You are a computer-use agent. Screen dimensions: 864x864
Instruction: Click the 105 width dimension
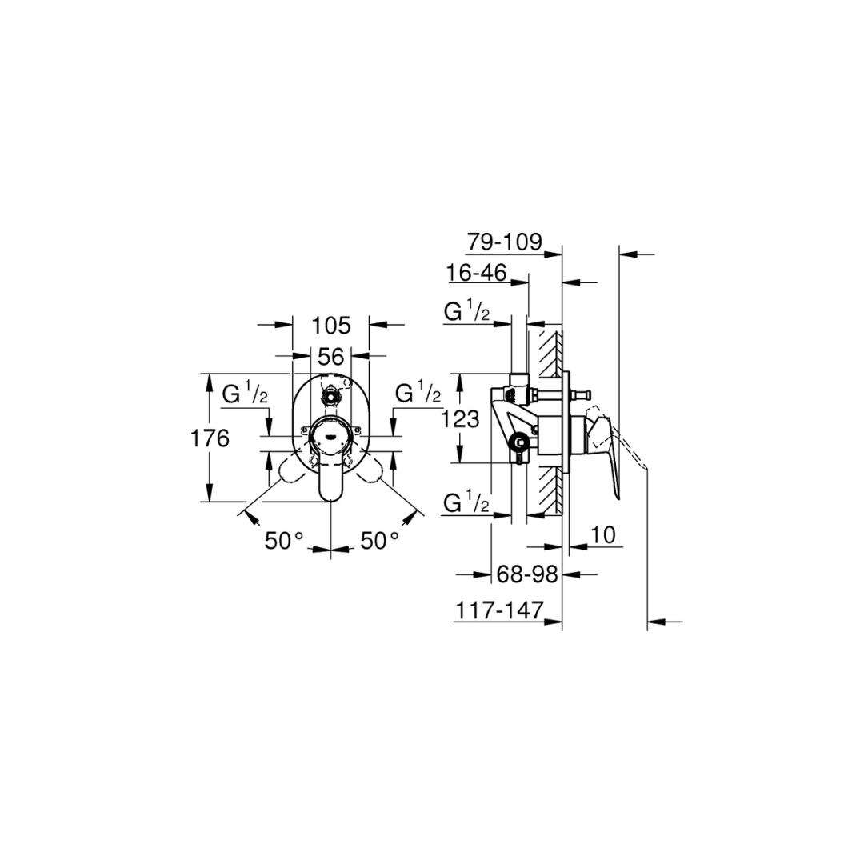[331, 326]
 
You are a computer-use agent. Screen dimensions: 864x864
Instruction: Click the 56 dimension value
[331, 357]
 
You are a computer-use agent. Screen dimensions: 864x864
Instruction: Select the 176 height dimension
[210, 438]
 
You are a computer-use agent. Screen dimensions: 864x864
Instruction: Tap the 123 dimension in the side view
[461, 419]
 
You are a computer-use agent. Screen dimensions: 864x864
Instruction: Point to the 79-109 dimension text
[505, 242]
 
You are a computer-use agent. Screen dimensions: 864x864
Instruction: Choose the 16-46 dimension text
[477, 272]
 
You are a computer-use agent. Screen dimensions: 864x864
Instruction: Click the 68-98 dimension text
[527, 574]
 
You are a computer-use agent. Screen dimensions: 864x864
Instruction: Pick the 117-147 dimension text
[500, 610]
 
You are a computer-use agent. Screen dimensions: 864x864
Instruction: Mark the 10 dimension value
[603, 535]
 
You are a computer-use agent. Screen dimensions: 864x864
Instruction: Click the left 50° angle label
[284, 541]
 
